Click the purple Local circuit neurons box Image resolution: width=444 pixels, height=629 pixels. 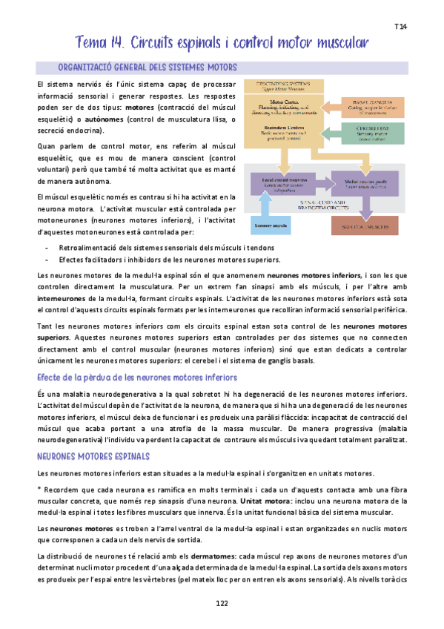(285, 183)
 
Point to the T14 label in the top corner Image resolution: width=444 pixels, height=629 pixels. (401, 27)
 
